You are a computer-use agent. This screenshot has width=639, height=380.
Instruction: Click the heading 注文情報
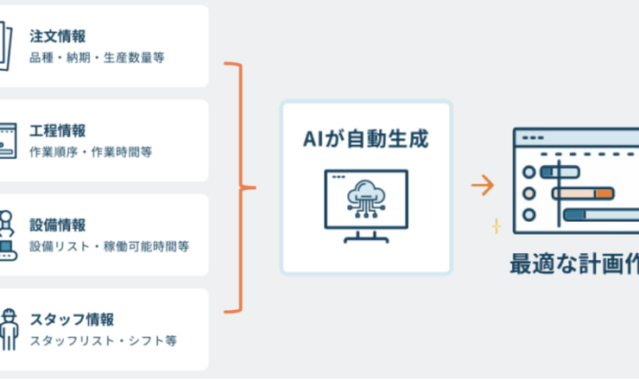57,36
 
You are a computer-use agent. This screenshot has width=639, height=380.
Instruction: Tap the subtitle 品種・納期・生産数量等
97,58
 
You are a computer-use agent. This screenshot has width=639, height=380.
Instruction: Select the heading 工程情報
57,130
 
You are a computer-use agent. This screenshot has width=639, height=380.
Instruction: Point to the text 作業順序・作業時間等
91,152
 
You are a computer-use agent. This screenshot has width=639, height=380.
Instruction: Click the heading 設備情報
57,225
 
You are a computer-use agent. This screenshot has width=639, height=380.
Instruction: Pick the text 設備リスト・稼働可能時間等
109,246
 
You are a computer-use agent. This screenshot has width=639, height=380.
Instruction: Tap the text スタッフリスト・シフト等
103,340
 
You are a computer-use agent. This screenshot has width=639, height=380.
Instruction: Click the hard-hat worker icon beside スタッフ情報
8,326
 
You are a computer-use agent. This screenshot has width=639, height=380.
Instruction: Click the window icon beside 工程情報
8,139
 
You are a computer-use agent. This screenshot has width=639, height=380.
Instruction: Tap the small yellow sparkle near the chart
497,226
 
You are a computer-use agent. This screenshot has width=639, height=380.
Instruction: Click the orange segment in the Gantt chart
603,193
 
